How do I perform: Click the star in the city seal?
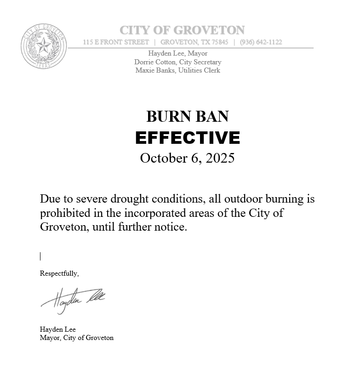point(44,45)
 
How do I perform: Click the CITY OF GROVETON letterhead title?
point(182,30)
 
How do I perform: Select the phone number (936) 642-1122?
point(261,42)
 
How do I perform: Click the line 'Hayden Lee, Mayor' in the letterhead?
point(178,54)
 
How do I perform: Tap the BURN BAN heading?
point(187,116)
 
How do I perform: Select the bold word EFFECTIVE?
point(187,137)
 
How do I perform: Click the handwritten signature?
point(74,299)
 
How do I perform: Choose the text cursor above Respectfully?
point(40,256)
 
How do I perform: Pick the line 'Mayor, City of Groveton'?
point(76,338)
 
